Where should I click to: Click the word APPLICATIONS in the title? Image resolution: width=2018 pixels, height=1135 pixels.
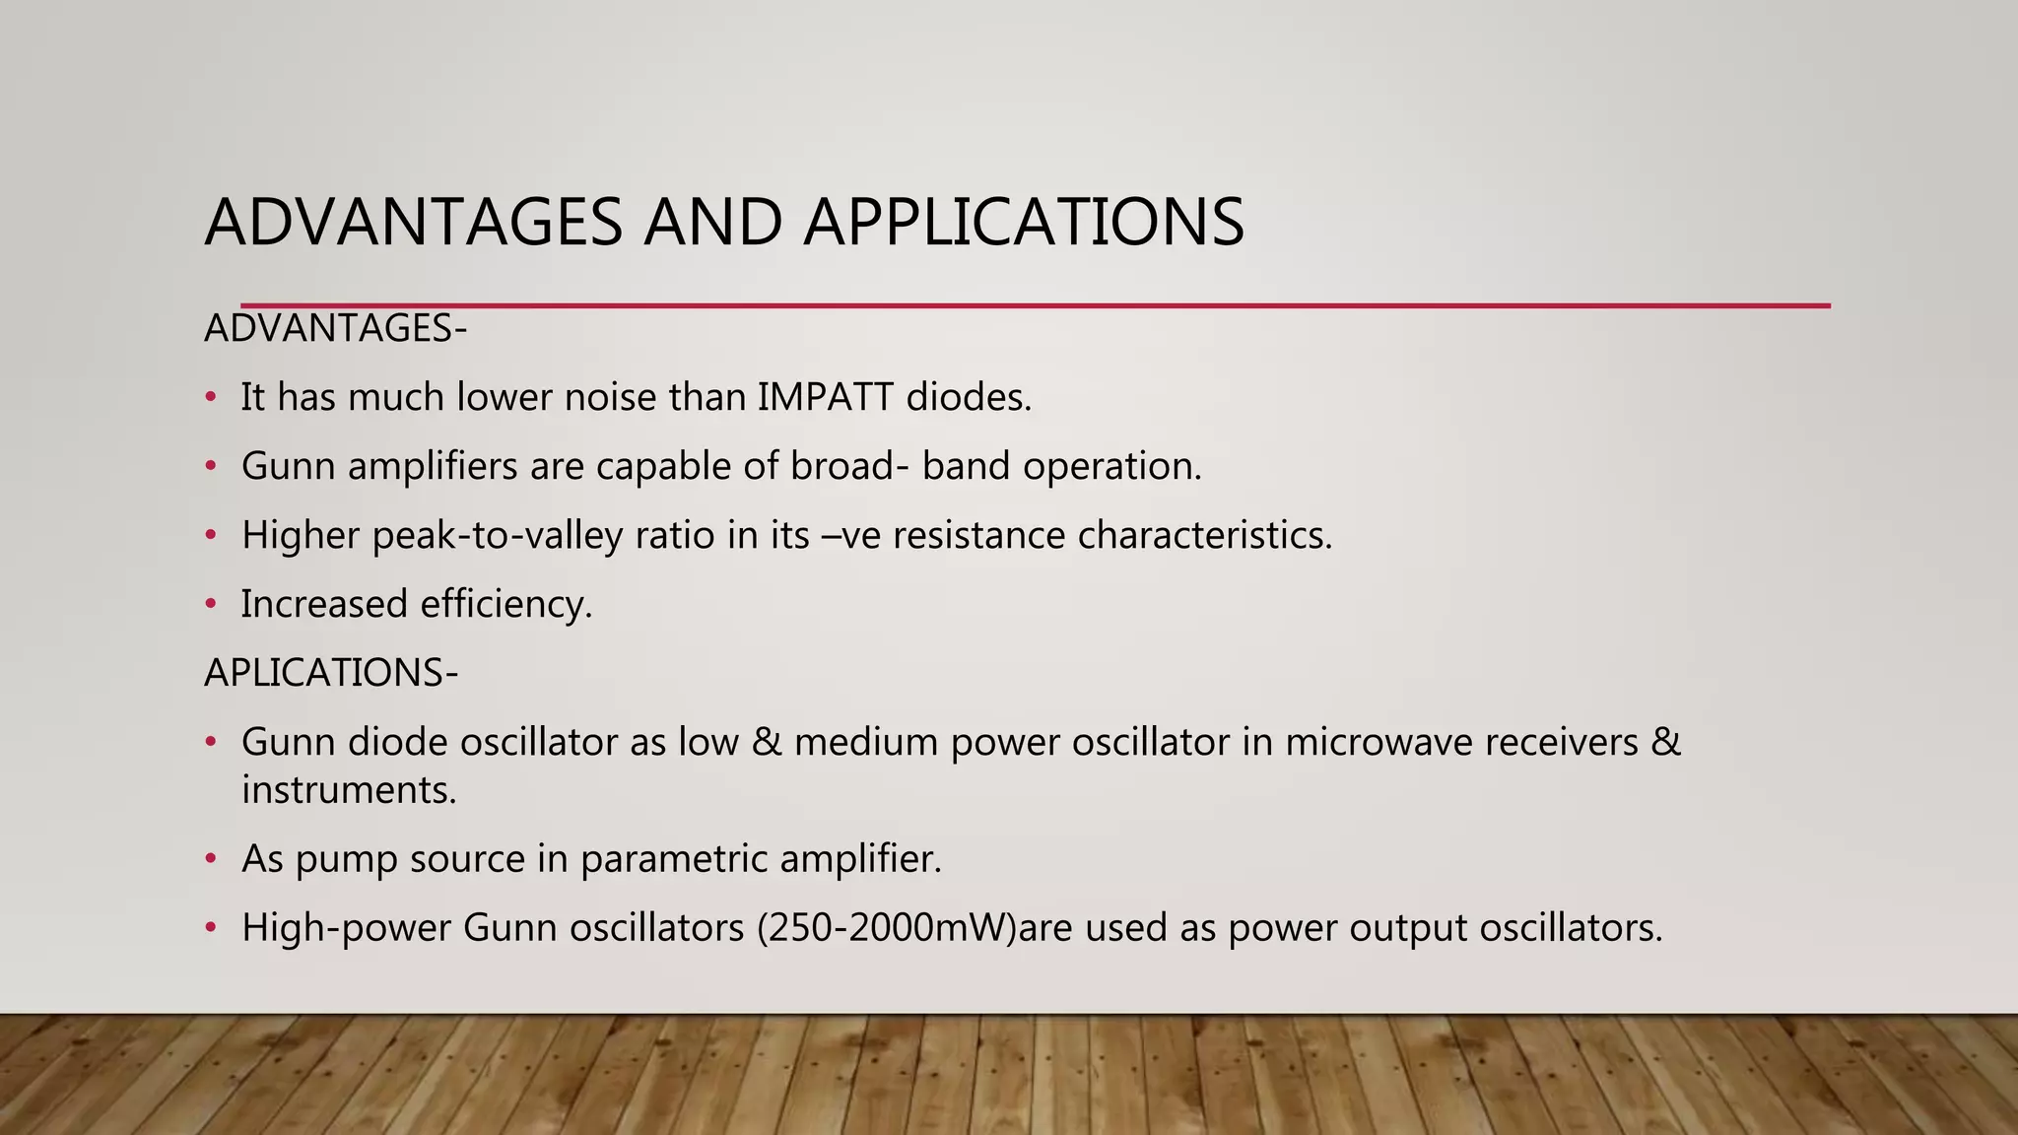point(1024,223)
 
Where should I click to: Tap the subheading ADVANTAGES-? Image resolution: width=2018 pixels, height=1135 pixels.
point(335,329)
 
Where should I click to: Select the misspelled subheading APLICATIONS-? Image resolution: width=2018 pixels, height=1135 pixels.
point(331,673)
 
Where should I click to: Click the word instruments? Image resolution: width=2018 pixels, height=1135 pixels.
point(349,790)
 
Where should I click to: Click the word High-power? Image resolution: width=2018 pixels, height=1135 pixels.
point(346,928)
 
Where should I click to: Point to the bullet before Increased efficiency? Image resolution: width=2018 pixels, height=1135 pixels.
point(210,605)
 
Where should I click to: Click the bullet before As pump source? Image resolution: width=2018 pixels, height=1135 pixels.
point(210,860)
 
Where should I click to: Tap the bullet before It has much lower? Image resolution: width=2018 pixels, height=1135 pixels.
point(210,398)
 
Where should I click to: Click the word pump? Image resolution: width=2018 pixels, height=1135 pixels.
point(347,860)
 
